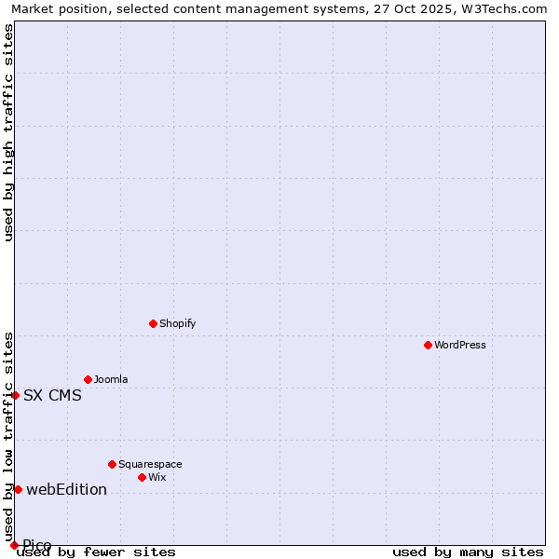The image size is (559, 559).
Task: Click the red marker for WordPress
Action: [428, 345]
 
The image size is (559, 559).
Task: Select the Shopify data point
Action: [153, 323]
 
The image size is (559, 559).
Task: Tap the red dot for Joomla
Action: [88, 379]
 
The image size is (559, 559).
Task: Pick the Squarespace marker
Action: [112, 464]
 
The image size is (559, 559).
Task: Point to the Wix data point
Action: [142, 477]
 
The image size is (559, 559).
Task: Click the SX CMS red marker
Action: [15, 395]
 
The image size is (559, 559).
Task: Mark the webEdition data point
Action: [18, 489]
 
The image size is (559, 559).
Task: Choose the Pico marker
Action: [14, 545]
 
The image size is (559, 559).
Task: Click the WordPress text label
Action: [460, 345]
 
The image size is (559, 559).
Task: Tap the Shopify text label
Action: [177, 323]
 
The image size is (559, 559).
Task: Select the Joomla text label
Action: [111, 379]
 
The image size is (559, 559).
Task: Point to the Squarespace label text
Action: [150, 464]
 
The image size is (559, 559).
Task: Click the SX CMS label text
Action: [52, 395]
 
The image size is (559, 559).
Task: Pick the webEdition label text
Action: [66, 489]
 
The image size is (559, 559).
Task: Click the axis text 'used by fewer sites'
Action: [97, 552]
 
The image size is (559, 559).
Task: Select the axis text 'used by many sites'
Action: [468, 552]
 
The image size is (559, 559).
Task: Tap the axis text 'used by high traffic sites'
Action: [8, 132]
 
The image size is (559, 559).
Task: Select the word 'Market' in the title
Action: [34, 8]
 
